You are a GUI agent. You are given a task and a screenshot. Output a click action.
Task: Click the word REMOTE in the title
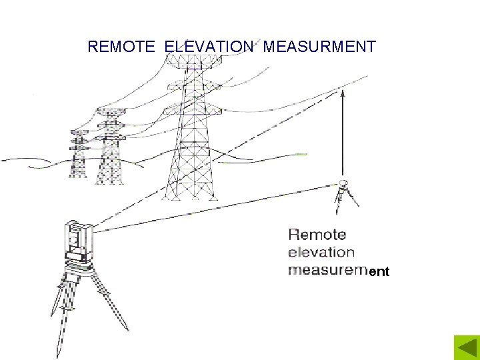(121, 47)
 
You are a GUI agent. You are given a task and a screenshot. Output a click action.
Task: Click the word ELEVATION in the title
(209, 47)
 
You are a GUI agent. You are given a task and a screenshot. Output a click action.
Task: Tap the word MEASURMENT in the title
(319, 47)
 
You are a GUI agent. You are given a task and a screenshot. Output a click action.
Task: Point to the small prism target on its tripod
(344, 185)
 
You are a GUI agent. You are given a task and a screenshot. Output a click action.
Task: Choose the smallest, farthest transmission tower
(79, 155)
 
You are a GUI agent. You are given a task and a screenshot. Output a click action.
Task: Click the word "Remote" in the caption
(317, 235)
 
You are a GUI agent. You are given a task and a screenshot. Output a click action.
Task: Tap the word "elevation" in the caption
(321, 253)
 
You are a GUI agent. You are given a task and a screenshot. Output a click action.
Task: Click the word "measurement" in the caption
(338, 271)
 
